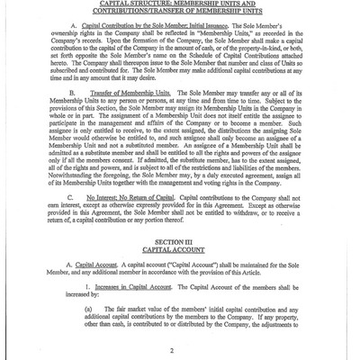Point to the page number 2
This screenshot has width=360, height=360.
tap(181, 353)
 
